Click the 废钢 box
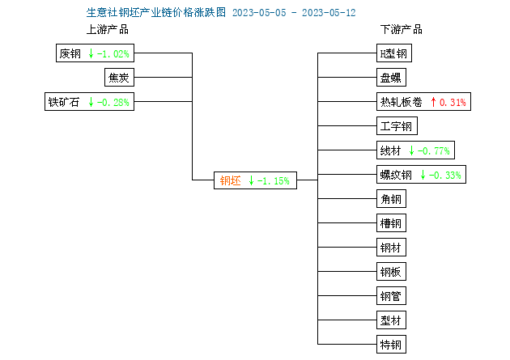(x=95, y=53)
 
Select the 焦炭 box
(x=119, y=78)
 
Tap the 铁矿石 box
(x=89, y=101)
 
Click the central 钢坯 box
(x=255, y=180)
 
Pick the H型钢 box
(x=394, y=53)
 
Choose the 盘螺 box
(x=391, y=78)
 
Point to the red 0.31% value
(x=453, y=103)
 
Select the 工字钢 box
(x=397, y=125)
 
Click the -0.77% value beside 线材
(x=434, y=150)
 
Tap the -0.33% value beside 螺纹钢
(x=445, y=175)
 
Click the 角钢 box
(x=391, y=198)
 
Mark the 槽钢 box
(x=391, y=223)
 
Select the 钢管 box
(x=391, y=295)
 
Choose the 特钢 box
(x=391, y=344)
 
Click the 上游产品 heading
(x=108, y=30)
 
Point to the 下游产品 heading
(x=402, y=30)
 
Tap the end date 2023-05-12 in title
(x=329, y=13)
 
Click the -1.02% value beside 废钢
(x=113, y=53)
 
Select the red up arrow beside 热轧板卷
(x=433, y=102)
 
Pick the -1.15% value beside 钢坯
(x=274, y=180)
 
